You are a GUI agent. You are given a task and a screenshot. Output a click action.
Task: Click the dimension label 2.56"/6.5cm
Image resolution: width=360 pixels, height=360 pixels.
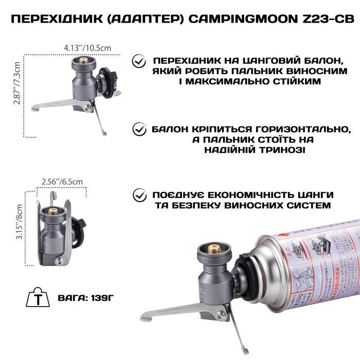[61, 181]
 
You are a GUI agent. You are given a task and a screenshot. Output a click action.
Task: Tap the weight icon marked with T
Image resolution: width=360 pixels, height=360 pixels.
[38, 298]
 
